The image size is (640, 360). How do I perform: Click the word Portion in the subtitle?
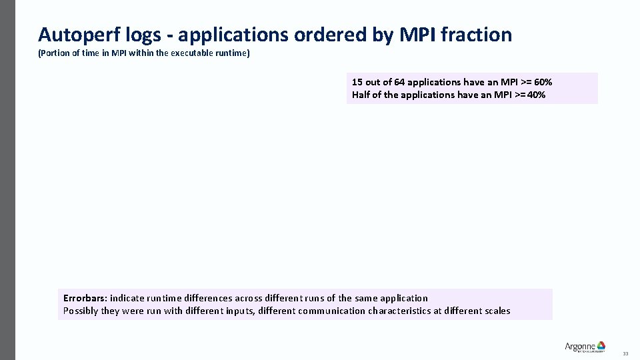pos(53,53)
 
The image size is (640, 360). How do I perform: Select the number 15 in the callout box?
pos(357,82)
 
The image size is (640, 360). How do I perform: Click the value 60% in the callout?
pos(543,82)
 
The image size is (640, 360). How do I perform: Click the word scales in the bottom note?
pos(497,311)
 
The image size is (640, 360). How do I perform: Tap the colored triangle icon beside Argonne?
pos(601,345)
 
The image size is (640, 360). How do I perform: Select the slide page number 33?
pos(625,353)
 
